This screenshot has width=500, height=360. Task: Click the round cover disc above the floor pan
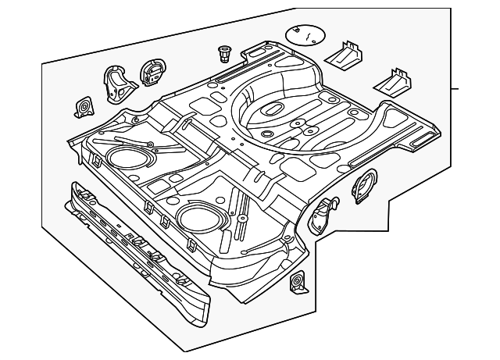click(305, 34)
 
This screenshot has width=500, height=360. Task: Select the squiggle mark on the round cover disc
click(308, 35)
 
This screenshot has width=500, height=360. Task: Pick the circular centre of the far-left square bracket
click(81, 106)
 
